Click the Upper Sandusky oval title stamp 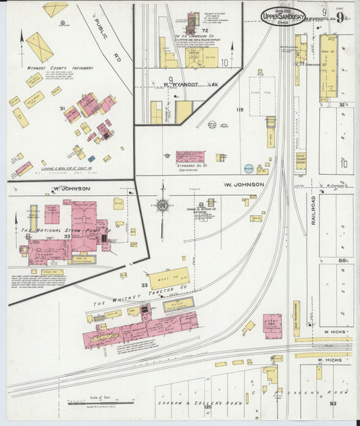283,16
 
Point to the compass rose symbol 162,205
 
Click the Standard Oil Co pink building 190,157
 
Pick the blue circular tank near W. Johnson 249,168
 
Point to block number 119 238,109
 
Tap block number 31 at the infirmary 61,108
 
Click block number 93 333,404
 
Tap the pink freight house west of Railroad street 272,325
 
